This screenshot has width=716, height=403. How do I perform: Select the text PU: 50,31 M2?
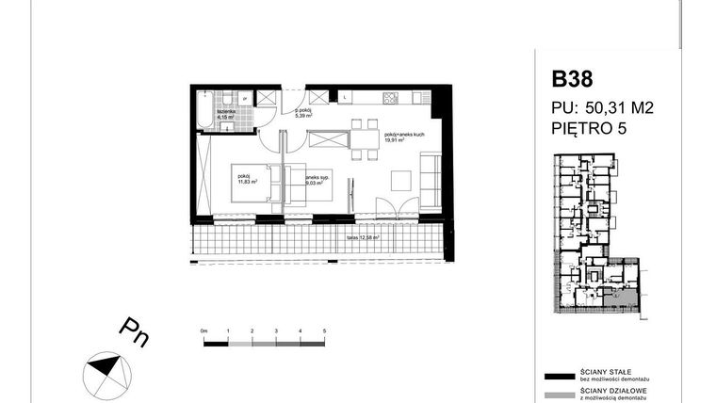point(602,108)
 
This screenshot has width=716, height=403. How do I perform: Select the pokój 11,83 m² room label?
point(245,179)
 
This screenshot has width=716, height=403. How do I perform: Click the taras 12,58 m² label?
point(362,237)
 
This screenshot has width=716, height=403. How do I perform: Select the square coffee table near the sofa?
point(399,178)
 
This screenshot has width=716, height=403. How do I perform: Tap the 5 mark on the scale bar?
point(324,332)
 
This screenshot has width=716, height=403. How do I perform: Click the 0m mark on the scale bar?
point(204,332)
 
